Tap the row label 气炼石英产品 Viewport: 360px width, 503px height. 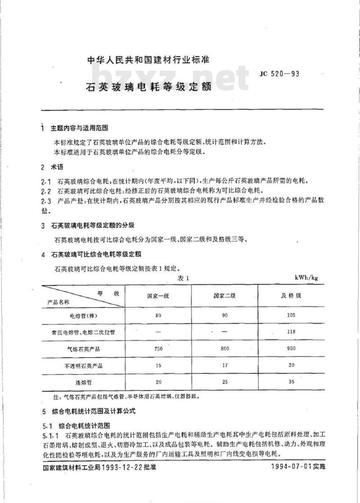pos(81,349)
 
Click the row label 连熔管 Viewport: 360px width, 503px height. pos(81,382)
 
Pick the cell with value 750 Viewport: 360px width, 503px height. pos(158,349)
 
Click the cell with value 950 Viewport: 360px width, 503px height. pos(291,349)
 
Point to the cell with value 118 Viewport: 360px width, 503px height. pos(291,332)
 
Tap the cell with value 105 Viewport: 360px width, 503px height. pos(291,315)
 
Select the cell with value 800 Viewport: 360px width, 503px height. pos(225,349)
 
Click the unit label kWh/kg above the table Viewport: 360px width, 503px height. pos(306,278)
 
